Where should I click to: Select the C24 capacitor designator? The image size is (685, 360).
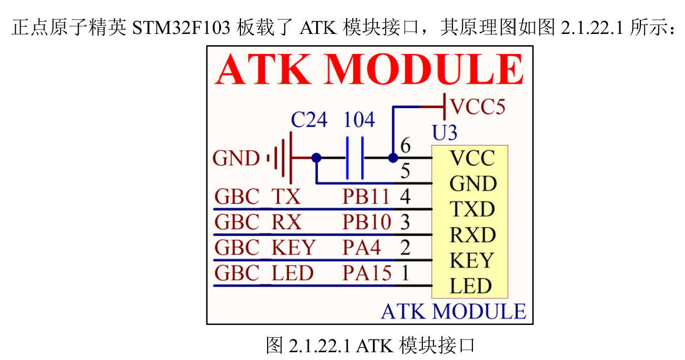[309, 120]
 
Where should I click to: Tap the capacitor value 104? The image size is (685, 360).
[359, 120]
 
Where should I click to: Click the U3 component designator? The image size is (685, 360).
[445, 133]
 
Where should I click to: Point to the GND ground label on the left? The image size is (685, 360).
[236, 159]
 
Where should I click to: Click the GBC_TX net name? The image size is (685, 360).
[257, 196]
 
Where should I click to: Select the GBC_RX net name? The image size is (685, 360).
[258, 222]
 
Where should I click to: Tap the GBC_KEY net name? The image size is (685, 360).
[265, 248]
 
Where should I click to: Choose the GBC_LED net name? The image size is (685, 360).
[264, 273]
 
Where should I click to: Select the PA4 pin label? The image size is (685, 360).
[362, 248]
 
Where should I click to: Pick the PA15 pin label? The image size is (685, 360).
[367, 273]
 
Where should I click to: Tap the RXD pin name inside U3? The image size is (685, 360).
[472, 235]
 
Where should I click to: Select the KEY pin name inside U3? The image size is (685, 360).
[471, 260]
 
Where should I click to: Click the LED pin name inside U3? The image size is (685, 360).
[471, 286]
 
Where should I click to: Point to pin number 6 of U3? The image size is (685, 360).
[405, 146]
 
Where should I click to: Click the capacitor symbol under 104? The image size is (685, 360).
[354, 158]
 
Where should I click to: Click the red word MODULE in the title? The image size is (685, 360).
[423, 70]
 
